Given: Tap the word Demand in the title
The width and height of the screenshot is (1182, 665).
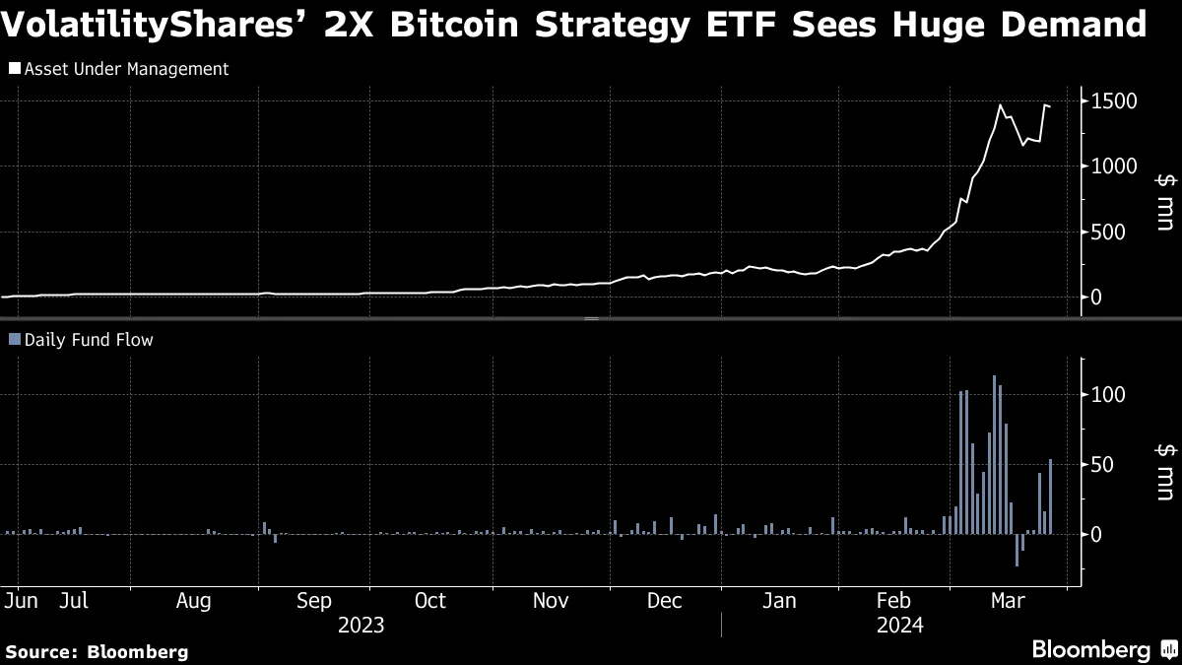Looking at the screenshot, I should click(x=1068, y=24).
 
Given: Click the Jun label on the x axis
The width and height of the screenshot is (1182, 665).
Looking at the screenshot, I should click(x=21, y=601).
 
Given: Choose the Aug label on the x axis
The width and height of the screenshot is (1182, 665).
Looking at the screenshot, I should click(x=193, y=601).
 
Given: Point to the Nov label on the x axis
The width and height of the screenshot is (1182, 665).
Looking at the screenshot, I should click(x=551, y=601).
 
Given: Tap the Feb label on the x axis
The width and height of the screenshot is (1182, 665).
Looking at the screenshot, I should click(x=893, y=601).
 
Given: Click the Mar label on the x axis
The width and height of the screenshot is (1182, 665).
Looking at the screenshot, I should click(x=1007, y=601).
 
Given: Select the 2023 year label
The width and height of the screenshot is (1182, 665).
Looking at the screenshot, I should click(x=361, y=625).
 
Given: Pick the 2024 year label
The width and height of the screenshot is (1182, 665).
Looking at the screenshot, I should click(x=899, y=625).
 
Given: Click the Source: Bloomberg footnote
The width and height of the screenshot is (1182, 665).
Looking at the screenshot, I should click(x=97, y=651).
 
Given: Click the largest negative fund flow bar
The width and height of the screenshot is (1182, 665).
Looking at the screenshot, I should click(x=1018, y=550).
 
